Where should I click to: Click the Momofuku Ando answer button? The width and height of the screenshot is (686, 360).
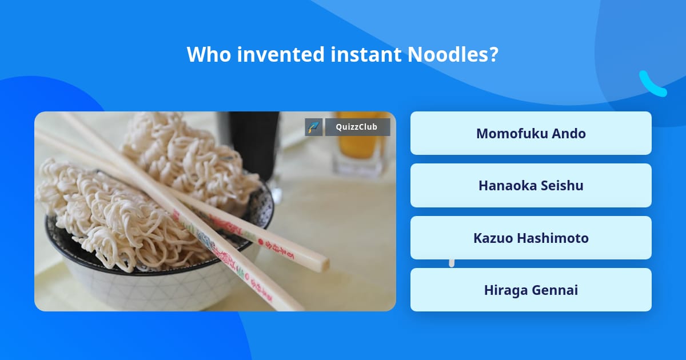531,133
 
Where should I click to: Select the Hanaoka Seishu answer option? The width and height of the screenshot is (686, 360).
531,185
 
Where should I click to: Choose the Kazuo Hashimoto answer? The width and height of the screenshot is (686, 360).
531,238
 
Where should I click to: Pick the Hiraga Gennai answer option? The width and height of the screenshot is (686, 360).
531,290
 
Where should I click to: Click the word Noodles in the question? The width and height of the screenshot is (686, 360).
452,54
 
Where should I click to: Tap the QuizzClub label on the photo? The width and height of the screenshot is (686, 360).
357,127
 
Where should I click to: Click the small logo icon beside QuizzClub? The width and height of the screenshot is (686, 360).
314,127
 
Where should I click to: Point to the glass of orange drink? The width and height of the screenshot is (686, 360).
360,149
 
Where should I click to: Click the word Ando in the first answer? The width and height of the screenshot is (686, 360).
569,133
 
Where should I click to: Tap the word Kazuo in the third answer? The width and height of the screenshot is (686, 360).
493,238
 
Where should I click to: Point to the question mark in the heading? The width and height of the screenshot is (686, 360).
493,54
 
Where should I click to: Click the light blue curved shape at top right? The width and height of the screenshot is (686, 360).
652,85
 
